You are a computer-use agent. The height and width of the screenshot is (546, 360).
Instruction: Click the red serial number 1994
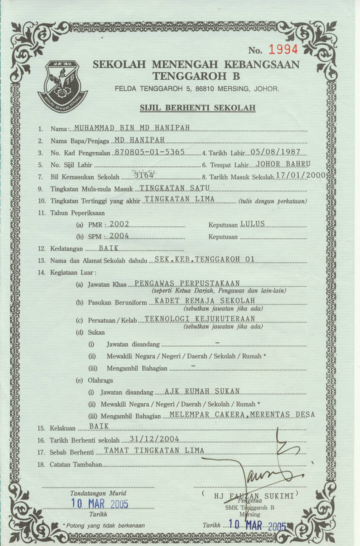pyautogui.click(x=283, y=50)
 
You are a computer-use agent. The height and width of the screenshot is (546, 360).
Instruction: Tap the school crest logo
pyautogui.click(x=62, y=85)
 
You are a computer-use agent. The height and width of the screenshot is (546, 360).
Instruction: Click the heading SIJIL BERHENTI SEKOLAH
pyautogui.click(x=197, y=108)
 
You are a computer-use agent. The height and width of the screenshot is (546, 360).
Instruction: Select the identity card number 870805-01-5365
pyautogui.click(x=150, y=152)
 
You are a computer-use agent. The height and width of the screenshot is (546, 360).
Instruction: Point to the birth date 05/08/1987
pyautogui.click(x=275, y=152)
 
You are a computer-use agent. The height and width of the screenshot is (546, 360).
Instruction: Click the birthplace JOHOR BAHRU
pyautogui.click(x=283, y=164)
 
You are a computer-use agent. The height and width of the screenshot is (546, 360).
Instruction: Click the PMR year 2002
pyautogui.click(x=120, y=224)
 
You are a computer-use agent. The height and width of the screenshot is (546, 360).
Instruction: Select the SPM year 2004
pyautogui.click(x=119, y=236)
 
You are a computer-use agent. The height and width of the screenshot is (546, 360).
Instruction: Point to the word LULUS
pyautogui.click(x=253, y=224)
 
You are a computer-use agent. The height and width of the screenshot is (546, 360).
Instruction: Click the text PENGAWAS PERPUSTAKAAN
pyautogui.click(x=187, y=284)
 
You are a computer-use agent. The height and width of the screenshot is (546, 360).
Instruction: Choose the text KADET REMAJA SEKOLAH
pyautogui.click(x=205, y=301)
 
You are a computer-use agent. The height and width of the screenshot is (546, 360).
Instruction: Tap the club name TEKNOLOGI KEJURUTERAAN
pyautogui.click(x=200, y=319)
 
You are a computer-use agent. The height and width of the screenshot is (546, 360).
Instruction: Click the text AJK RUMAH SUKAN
pyautogui.click(x=202, y=391)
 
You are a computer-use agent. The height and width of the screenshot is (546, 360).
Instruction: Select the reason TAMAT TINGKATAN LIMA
pyautogui.click(x=154, y=451)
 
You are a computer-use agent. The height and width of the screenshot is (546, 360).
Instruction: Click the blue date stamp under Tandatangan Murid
pyautogui.click(x=99, y=503)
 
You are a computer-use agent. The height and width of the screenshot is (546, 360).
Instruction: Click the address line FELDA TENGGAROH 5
pyautogui.click(x=197, y=89)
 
